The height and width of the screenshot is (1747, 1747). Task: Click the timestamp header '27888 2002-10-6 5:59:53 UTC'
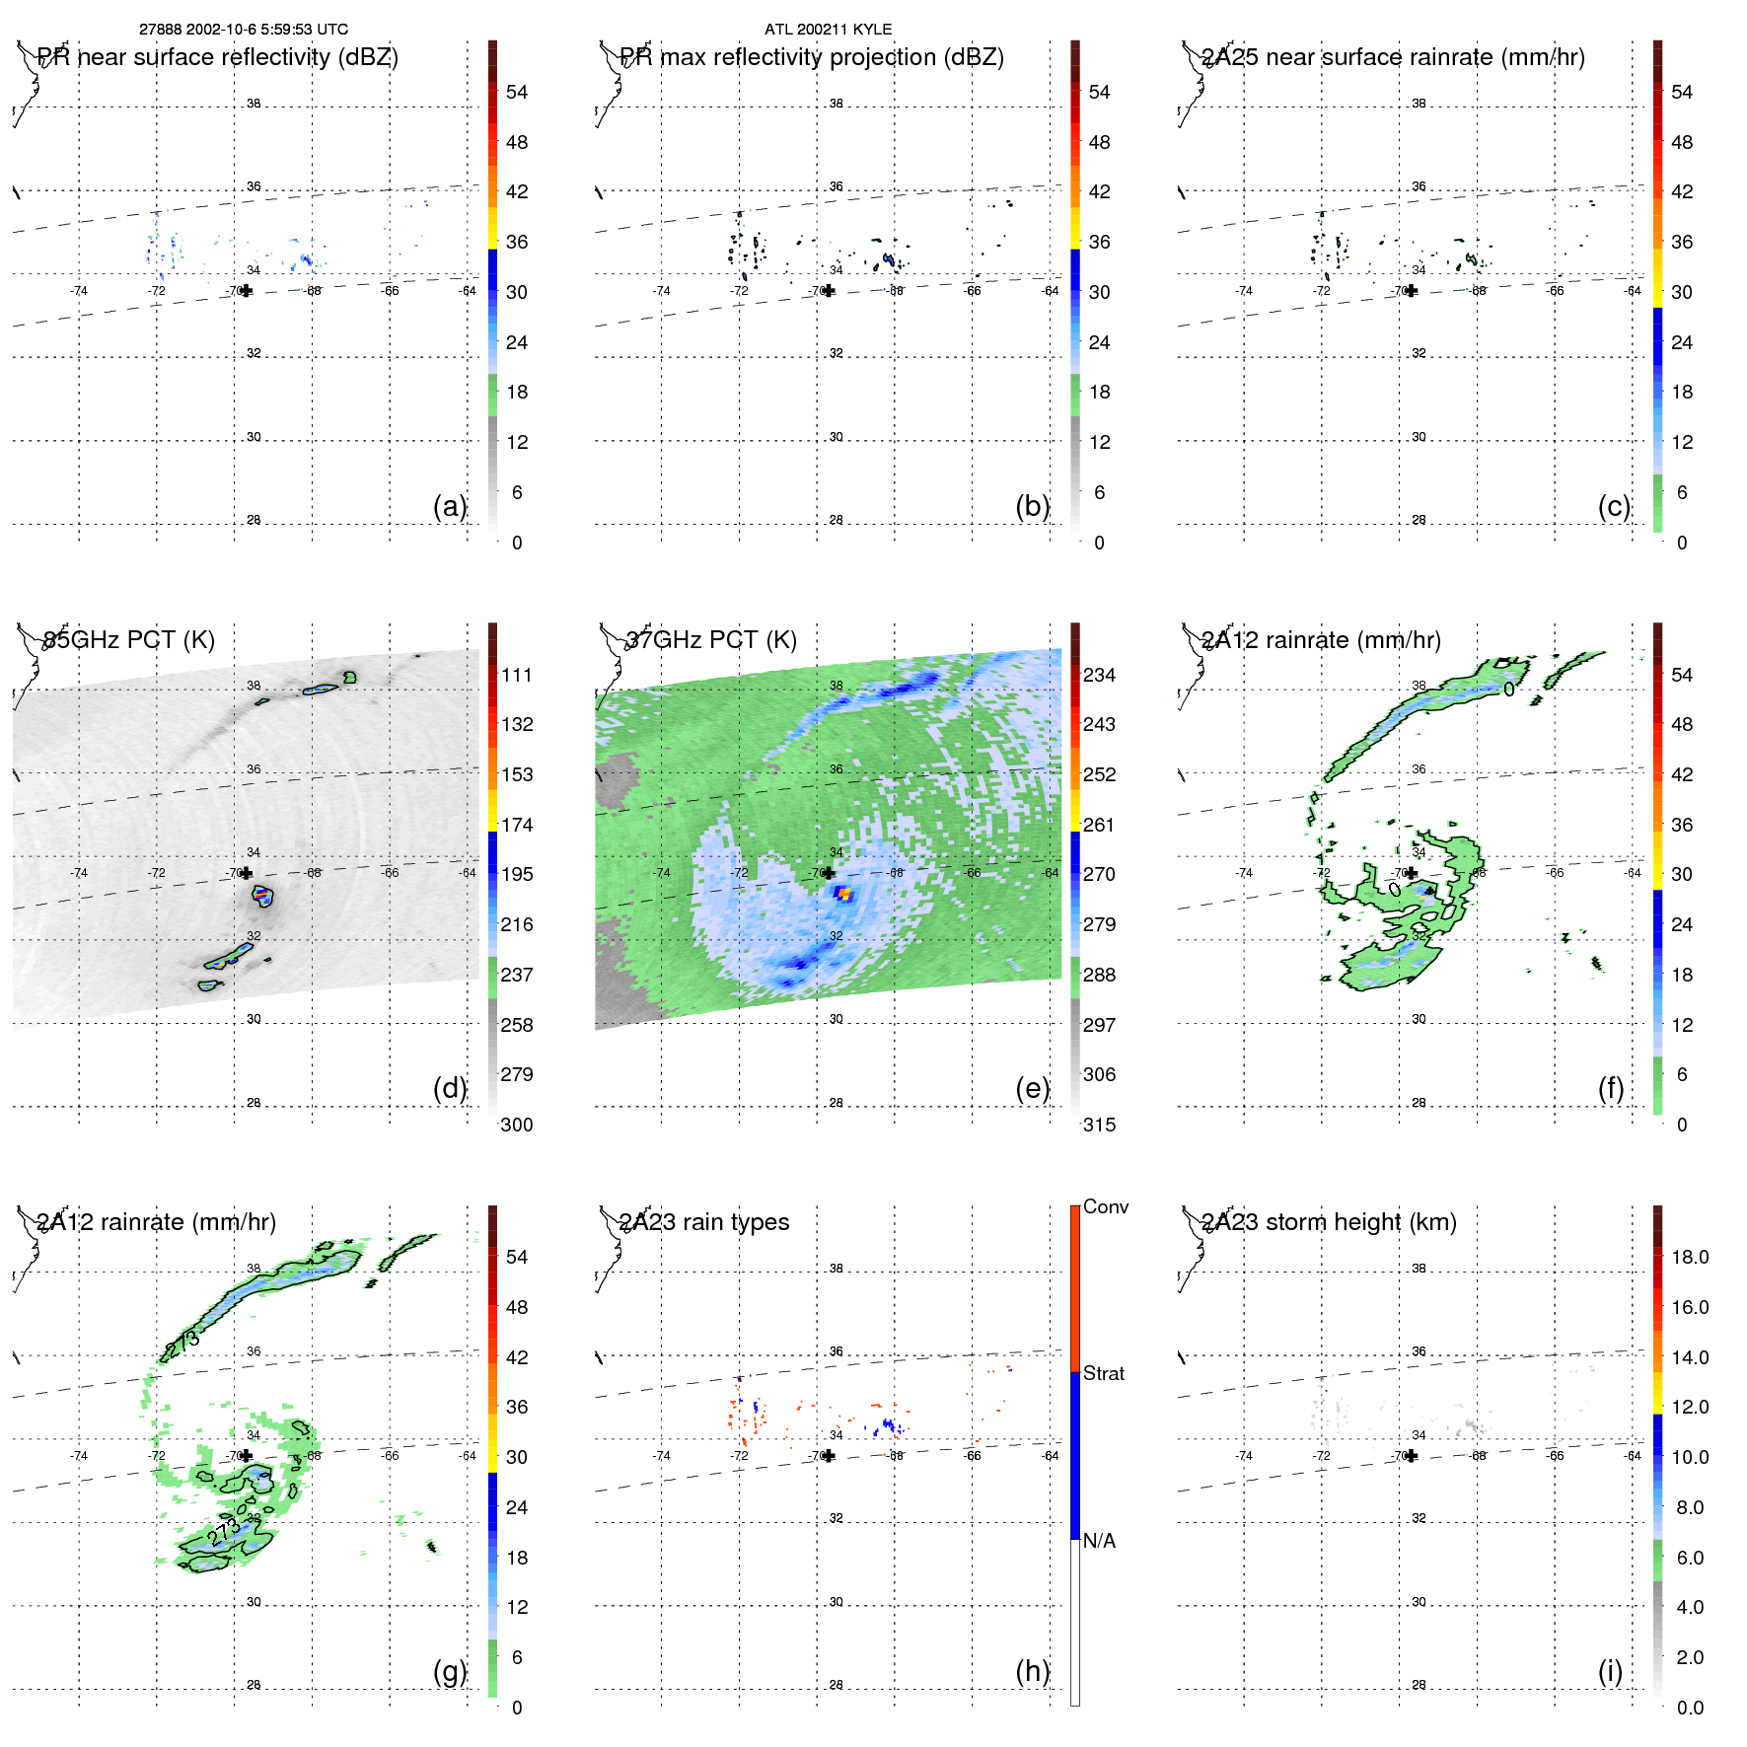point(243,30)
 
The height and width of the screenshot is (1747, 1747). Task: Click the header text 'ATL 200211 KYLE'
point(828,30)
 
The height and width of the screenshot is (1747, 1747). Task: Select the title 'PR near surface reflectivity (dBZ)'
point(218,57)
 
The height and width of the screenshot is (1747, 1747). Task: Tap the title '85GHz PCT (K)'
point(129,640)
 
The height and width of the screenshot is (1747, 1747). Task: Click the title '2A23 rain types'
point(704,1222)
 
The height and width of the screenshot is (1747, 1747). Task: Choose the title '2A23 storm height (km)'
point(1329,1222)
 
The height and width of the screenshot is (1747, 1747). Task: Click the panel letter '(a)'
point(449,506)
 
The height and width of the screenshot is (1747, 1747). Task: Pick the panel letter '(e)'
point(1032,1089)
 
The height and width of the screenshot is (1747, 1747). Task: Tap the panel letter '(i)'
point(1610,1671)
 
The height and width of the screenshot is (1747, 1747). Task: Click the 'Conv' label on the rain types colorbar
point(1105,1207)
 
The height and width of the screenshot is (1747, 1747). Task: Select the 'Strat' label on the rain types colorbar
point(1103,1374)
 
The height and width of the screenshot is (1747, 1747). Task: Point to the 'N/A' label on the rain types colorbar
point(1099,1541)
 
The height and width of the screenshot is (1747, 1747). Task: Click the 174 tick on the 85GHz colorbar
point(517,825)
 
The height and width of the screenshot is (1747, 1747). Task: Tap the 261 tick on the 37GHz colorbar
point(1099,825)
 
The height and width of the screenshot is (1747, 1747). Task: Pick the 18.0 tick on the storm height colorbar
point(1689,1257)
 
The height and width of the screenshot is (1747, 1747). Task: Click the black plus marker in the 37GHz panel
point(829,873)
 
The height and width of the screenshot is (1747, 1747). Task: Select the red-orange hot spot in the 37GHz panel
point(843,894)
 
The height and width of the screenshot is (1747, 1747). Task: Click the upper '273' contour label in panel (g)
point(183,1343)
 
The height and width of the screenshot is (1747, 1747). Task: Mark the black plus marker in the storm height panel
point(1412,1456)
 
